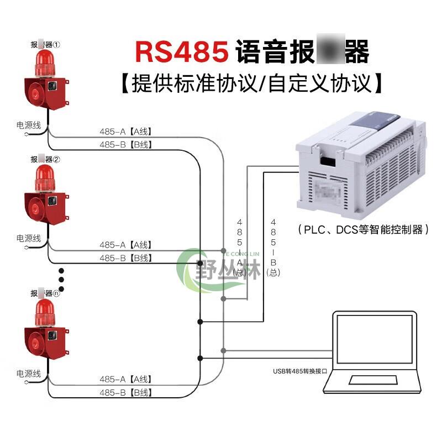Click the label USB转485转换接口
(x=298, y=371)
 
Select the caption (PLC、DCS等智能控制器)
(x=363, y=229)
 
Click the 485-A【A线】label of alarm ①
(x=125, y=131)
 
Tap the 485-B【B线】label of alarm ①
(x=125, y=145)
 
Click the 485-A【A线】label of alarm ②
(x=125, y=245)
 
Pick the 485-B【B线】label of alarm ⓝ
(x=125, y=393)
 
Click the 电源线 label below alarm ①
(x=29, y=125)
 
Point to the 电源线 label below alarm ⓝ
(x=29, y=373)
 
